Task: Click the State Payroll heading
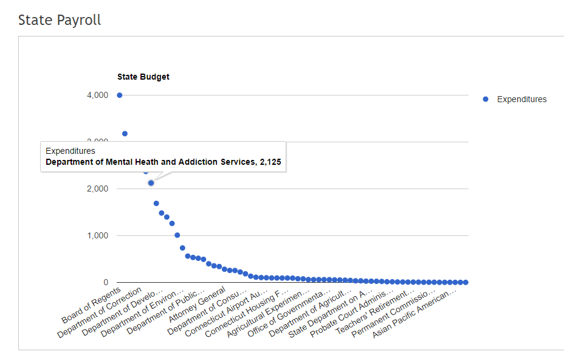click(x=60, y=20)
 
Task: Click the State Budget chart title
click(x=143, y=77)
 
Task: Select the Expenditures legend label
click(x=521, y=99)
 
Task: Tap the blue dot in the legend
click(x=485, y=99)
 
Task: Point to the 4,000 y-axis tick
click(x=97, y=95)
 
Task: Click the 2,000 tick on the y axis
click(x=97, y=189)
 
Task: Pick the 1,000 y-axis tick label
click(x=97, y=235)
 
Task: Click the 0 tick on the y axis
click(x=106, y=282)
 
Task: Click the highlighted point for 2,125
click(x=151, y=182)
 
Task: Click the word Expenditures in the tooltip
click(x=70, y=151)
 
